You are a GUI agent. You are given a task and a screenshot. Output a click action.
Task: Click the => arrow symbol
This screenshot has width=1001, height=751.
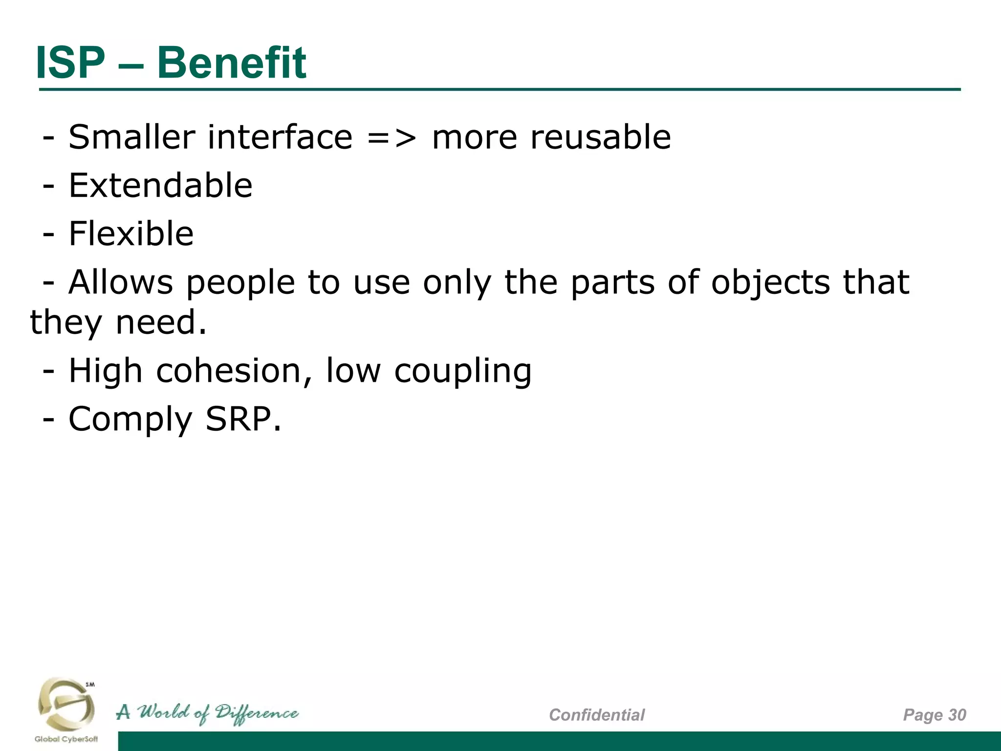392,138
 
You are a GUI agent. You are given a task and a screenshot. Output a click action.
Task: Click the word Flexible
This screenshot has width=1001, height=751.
131,233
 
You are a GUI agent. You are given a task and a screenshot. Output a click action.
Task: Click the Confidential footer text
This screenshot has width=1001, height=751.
597,715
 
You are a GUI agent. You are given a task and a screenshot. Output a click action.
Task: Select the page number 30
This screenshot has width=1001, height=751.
957,715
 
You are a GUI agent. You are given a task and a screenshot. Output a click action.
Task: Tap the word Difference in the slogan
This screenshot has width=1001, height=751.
257,713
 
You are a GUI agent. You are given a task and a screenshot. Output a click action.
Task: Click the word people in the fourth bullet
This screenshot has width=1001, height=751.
240,284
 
